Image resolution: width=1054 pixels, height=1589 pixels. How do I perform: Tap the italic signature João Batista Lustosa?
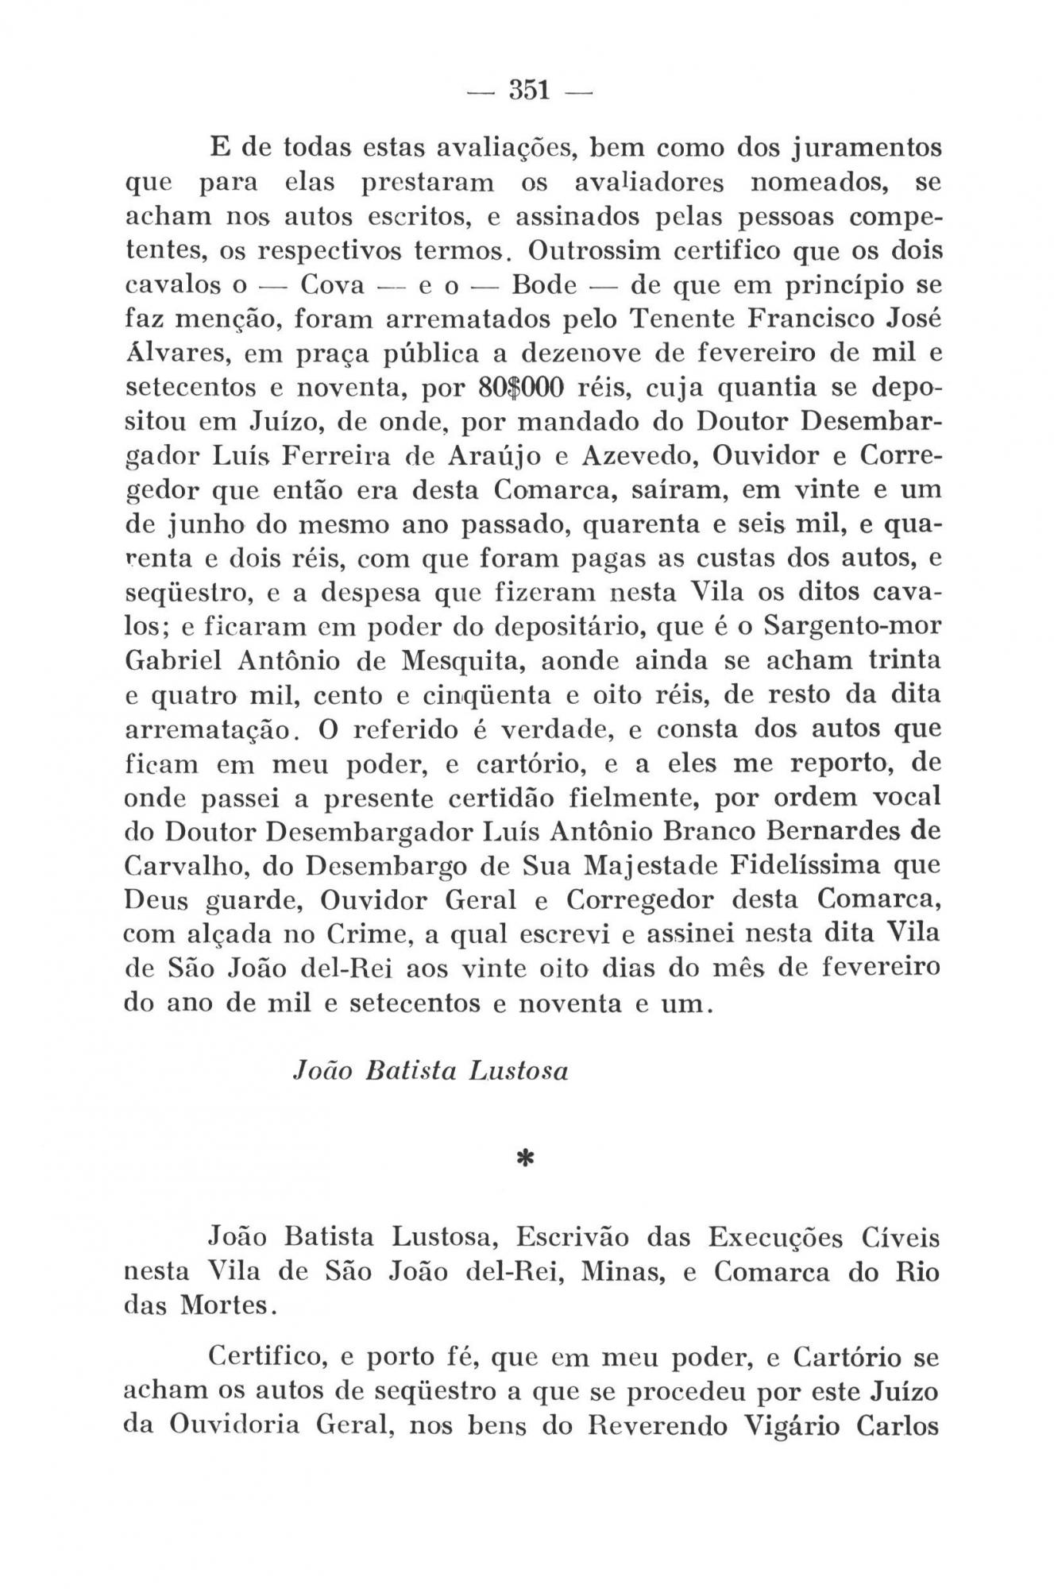(431, 1072)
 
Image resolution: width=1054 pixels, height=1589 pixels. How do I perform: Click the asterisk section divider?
(525, 1162)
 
